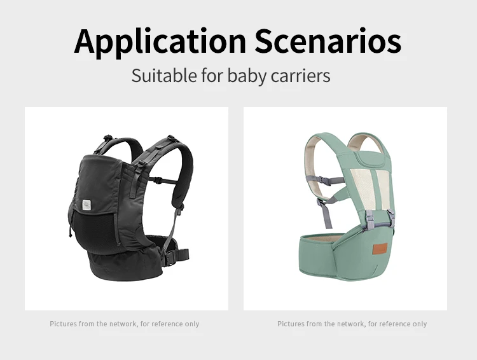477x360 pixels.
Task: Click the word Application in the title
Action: (x=160, y=42)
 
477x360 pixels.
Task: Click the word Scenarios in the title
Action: (x=328, y=41)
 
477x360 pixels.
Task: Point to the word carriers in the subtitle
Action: (x=301, y=76)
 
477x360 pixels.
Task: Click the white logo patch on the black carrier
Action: (x=86, y=205)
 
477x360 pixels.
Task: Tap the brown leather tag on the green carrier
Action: (x=380, y=249)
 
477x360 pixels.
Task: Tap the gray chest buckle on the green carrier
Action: (x=324, y=181)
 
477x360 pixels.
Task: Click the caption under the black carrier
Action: (x=125, y=324)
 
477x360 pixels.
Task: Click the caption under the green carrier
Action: (x=352, y=324)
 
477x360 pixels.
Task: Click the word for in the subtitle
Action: (x=212, y=76)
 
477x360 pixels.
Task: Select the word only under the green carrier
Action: (x=420, y=324)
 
